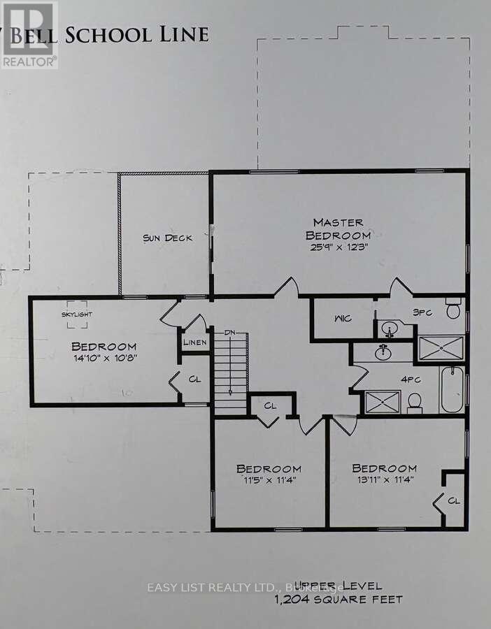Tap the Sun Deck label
(x=167, y=238)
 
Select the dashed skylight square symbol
(x=76, y=314)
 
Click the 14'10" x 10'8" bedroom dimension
(x=104, y=359)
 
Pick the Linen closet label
(x=195, y=342)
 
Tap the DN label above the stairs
(x=229, y=333)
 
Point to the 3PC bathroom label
(x=422, y=312)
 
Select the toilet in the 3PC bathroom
(x=453, y=308)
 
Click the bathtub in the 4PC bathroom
(x=452, y=390)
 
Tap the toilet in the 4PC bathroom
(x=414, y=400)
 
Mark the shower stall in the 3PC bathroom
(x=441, y=347)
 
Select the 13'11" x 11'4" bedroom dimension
(x=384, y=480)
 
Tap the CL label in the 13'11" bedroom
(x=453, y=500)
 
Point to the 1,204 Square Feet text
(x=339, y=600)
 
